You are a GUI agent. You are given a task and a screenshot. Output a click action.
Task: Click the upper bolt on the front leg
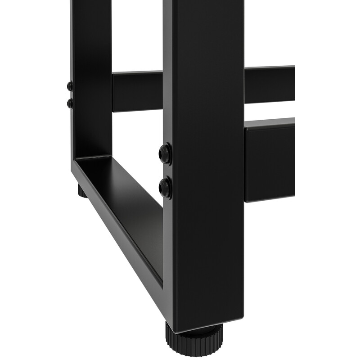165,153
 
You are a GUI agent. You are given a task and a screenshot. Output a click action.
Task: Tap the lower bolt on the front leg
165,187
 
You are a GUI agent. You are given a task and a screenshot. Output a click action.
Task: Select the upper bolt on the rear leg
70,86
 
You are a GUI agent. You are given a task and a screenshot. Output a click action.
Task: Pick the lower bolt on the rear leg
70,103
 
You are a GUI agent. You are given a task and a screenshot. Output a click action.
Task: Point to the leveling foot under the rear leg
81,191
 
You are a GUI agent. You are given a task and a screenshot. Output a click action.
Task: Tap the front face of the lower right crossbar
270,162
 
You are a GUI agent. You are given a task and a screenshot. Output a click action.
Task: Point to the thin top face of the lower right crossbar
270,122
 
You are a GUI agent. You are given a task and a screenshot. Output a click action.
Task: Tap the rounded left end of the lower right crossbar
246,162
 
